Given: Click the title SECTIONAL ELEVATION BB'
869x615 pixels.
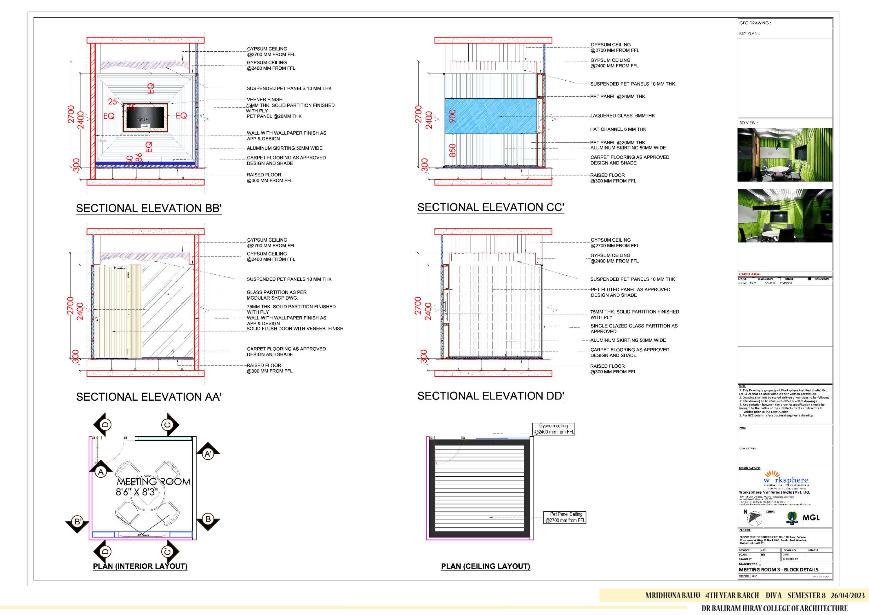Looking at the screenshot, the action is [x=149, y=208].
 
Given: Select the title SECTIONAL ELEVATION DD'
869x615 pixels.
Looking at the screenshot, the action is [x=490, y=396].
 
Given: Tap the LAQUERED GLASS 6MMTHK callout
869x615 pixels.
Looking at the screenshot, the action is [x=622, y=115].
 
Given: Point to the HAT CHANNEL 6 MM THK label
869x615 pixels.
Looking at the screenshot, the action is [x=618, y=129].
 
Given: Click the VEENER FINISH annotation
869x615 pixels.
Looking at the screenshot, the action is [x=264, y=99].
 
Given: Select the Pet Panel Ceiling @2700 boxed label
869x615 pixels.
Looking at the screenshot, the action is [x=565, y=517].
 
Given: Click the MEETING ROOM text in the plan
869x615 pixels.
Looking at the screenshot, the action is [x=153, y=482].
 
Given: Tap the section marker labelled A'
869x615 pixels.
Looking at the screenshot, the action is [x=208, y=454].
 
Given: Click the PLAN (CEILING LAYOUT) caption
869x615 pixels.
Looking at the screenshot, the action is [x=485, y=566].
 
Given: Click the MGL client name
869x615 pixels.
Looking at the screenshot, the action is [x=811, y=517].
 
